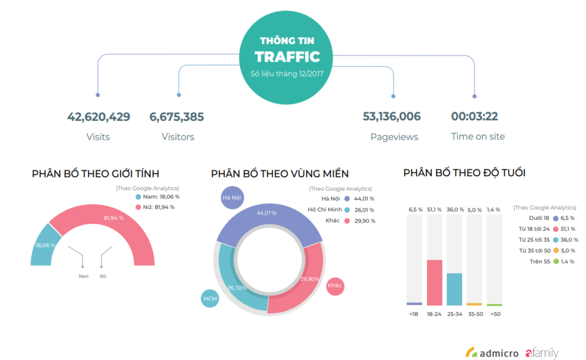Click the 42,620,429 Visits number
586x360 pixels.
[98, 117]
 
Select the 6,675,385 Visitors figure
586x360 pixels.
[177, 117]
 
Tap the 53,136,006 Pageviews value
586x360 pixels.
[391, 117]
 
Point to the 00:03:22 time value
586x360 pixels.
[474, 117]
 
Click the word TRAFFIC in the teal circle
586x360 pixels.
[287, 57]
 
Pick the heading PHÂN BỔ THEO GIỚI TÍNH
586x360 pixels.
[96, 173]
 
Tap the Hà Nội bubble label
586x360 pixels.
[229, 198]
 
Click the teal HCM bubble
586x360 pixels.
[210, 298]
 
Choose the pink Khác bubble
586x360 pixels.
[335, 286]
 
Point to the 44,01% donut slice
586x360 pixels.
[267, 213]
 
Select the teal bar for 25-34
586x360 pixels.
[454, 289]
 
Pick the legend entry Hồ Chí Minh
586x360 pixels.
[324, 209]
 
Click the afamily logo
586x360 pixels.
[541, 353]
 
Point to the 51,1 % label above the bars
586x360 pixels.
[435, 209]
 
